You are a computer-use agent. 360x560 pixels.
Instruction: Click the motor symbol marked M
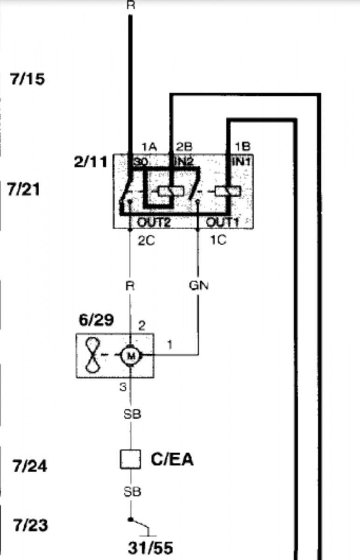coord(131,357)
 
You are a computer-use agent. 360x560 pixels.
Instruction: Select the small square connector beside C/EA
coord(130,459)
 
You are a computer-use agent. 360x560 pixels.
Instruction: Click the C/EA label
coord(172,460)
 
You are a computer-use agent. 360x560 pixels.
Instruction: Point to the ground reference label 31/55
coord(150,547)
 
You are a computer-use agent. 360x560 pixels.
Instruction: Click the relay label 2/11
coord(91,162)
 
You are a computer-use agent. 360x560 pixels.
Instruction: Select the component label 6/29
coord(96,321)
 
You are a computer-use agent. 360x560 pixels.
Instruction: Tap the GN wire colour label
coord(198,285)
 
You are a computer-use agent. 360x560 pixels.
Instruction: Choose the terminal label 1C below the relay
coord(217,240)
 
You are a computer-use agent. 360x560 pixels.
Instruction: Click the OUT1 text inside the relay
coord(222,222)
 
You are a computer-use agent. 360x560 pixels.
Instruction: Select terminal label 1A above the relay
coord(149,147)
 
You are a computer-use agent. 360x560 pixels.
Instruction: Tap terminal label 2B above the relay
coord(184,147)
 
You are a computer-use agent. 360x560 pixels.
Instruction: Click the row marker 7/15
coord(28,79)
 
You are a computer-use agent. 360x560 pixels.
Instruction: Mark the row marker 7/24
coord(30,466)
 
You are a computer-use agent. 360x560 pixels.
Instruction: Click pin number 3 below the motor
coord(122,386)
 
